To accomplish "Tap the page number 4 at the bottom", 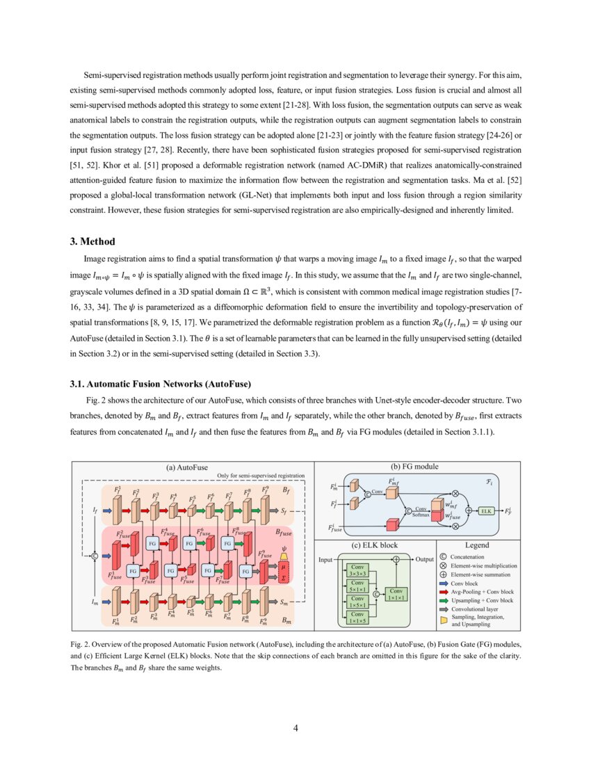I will (295, 728).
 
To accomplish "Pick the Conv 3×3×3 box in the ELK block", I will (357, 570).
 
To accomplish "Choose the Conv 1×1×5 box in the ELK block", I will (357, 617).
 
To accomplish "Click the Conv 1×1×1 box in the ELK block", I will (396, 594).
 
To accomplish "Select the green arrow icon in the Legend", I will (444, 600).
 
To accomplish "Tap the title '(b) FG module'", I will (414, 467).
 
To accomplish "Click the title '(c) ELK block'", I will (375, 545).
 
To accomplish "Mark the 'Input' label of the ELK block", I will (326, 559).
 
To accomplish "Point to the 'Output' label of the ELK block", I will (424, 559).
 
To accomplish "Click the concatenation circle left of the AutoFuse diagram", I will (95, 556).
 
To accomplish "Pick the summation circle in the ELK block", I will (396, 559).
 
